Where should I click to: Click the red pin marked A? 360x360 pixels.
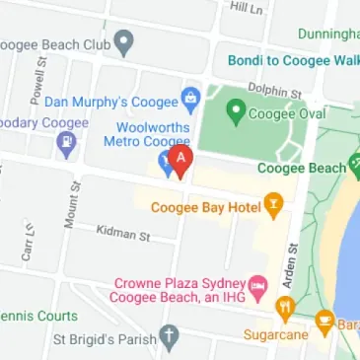click(180, 159)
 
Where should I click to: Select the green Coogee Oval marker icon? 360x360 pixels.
click(235, 111)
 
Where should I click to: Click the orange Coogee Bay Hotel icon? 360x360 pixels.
click(272, 206)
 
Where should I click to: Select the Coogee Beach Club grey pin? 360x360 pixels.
click(123, 42)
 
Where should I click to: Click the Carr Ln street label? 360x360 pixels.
click(28, 241)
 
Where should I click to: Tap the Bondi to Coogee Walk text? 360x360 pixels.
click(293, 60)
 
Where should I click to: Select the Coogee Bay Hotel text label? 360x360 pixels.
click(202, 207)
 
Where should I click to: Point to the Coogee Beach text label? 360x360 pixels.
click(301, 169)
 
